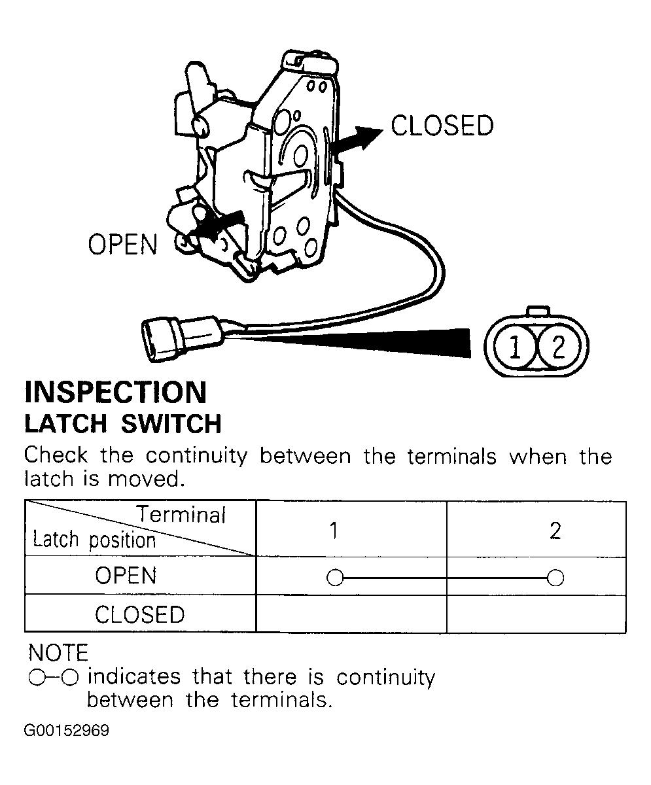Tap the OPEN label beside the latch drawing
122,245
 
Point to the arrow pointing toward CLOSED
357,140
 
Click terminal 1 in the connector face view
515,346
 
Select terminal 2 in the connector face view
559,346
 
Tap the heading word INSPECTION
115,392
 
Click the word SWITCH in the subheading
171,424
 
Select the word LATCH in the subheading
66,424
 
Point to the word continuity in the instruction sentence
196,456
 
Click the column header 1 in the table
334,531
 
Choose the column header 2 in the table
555,531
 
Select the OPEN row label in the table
126,576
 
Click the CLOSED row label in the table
139,615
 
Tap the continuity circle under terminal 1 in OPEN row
335,578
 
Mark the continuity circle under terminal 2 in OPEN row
555,578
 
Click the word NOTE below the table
58,653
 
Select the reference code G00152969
67,731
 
